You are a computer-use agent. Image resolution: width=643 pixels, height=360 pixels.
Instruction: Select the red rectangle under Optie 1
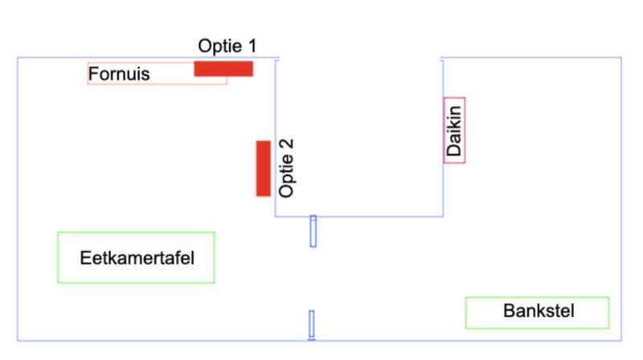click(223, 68)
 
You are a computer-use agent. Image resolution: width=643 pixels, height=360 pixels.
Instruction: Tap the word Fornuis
click(119, 75)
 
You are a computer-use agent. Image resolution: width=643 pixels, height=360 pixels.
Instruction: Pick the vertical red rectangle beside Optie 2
click(263, 168)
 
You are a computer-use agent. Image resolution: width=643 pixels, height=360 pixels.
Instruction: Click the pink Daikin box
click(454, 130)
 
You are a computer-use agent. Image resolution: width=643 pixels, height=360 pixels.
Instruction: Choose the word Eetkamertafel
click(137, 258)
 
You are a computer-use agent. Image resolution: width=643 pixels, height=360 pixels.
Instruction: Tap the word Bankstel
click(539, 311)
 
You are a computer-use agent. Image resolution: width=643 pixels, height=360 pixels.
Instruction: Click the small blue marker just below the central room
click(313, 231)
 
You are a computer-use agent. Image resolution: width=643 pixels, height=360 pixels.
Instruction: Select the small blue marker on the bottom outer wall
click(311, 324)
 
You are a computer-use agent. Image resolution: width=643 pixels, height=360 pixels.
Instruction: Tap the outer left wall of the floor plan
click(18, 201)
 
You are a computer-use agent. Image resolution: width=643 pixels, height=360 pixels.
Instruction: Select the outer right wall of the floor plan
click(622, 201)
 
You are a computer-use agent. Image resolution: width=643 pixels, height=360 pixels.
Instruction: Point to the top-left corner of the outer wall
click(18, 57)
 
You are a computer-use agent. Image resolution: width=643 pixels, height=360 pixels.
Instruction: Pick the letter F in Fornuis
click(93, 75)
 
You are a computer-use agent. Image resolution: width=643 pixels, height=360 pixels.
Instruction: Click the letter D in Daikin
click(454, 150)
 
